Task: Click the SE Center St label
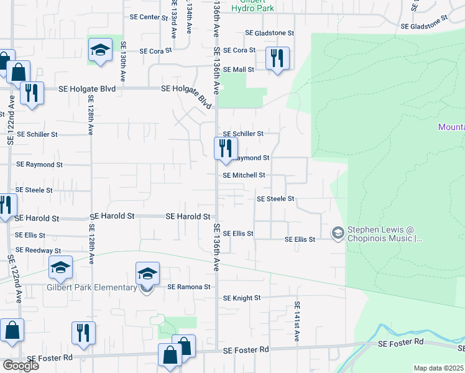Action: coord(145,17)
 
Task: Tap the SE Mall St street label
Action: coord(239,70)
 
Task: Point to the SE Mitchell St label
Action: coord(244,175)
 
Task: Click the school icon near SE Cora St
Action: coord(99,50)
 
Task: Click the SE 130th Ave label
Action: coord(124,58)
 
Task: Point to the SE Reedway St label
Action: coord(38,250)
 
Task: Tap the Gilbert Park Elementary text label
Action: coord(91,287)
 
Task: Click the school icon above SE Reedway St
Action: coord(60,269)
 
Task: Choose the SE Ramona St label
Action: coord(189,287)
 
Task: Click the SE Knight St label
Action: coord(241,298)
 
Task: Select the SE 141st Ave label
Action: coord(297,321)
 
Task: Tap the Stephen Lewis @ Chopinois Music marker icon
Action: coord(338,234)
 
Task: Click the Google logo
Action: coord(21,365)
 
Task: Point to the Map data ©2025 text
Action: coord(438,368)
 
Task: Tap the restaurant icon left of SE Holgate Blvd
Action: coord(31,93)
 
